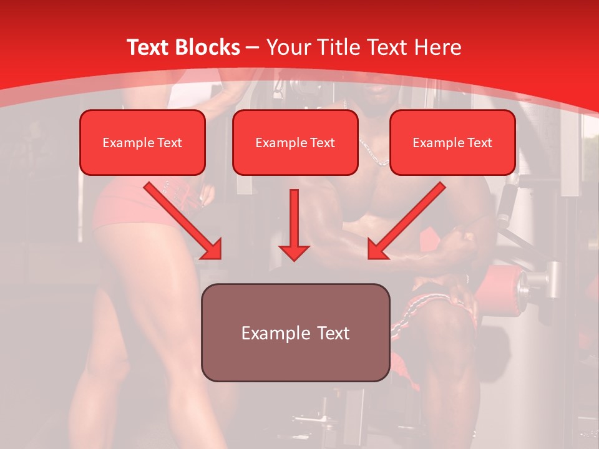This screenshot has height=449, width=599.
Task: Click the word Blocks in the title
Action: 208,47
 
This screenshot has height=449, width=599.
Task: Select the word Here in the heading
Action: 438,47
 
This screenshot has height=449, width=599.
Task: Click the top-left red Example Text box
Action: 142,142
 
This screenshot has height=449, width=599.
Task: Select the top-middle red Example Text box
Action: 295,142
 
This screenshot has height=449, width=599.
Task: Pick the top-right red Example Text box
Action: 452,142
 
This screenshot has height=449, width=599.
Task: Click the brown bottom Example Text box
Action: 296,332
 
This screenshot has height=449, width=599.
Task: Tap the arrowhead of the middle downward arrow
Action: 294,251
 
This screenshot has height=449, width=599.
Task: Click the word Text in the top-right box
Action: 479,143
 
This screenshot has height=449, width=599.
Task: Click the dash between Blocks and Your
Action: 253,47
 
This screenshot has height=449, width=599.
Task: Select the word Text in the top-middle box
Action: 322,143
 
